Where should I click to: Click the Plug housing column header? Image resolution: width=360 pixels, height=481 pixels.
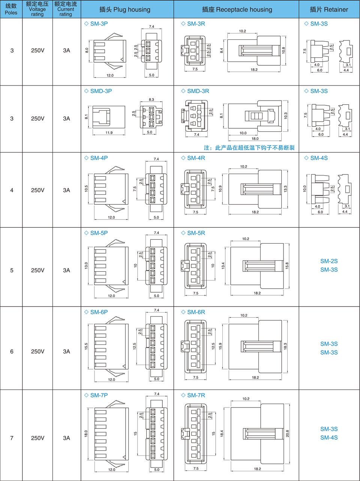(125, 9)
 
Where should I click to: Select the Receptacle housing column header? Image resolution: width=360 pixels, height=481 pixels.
(237, 9)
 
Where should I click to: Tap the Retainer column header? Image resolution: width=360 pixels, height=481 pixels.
(329, 9)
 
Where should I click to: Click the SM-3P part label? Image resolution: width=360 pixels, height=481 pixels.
(99, 24)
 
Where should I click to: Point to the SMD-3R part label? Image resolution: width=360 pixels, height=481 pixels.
(198, 91)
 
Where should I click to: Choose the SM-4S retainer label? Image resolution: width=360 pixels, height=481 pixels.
(319, 158)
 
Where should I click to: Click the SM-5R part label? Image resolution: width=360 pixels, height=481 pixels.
(196, 233)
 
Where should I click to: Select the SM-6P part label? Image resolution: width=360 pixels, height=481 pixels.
(99, 312)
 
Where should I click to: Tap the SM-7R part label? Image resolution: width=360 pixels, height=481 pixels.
(196, 395)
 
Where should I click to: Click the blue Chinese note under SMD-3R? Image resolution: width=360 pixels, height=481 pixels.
(249, 148)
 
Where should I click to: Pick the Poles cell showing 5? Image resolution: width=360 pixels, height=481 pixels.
(12, 270)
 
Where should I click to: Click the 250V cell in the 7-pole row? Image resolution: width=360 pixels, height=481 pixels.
(37, 438)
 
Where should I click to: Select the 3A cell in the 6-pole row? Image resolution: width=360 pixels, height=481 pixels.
(66, 352)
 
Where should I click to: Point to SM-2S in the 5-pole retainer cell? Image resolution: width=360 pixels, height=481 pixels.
(329, 261)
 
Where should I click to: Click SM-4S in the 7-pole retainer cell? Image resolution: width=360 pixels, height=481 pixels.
(329, 437)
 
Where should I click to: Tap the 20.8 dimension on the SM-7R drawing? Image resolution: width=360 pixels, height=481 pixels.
(288, 433)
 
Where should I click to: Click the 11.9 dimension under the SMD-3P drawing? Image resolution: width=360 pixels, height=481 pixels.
(109, 133)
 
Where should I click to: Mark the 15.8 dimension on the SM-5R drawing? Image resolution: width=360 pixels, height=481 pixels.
(287, 266)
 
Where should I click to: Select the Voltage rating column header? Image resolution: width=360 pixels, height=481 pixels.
(37, 9)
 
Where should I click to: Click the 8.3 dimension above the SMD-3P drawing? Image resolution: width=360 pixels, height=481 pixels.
(151, 100)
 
